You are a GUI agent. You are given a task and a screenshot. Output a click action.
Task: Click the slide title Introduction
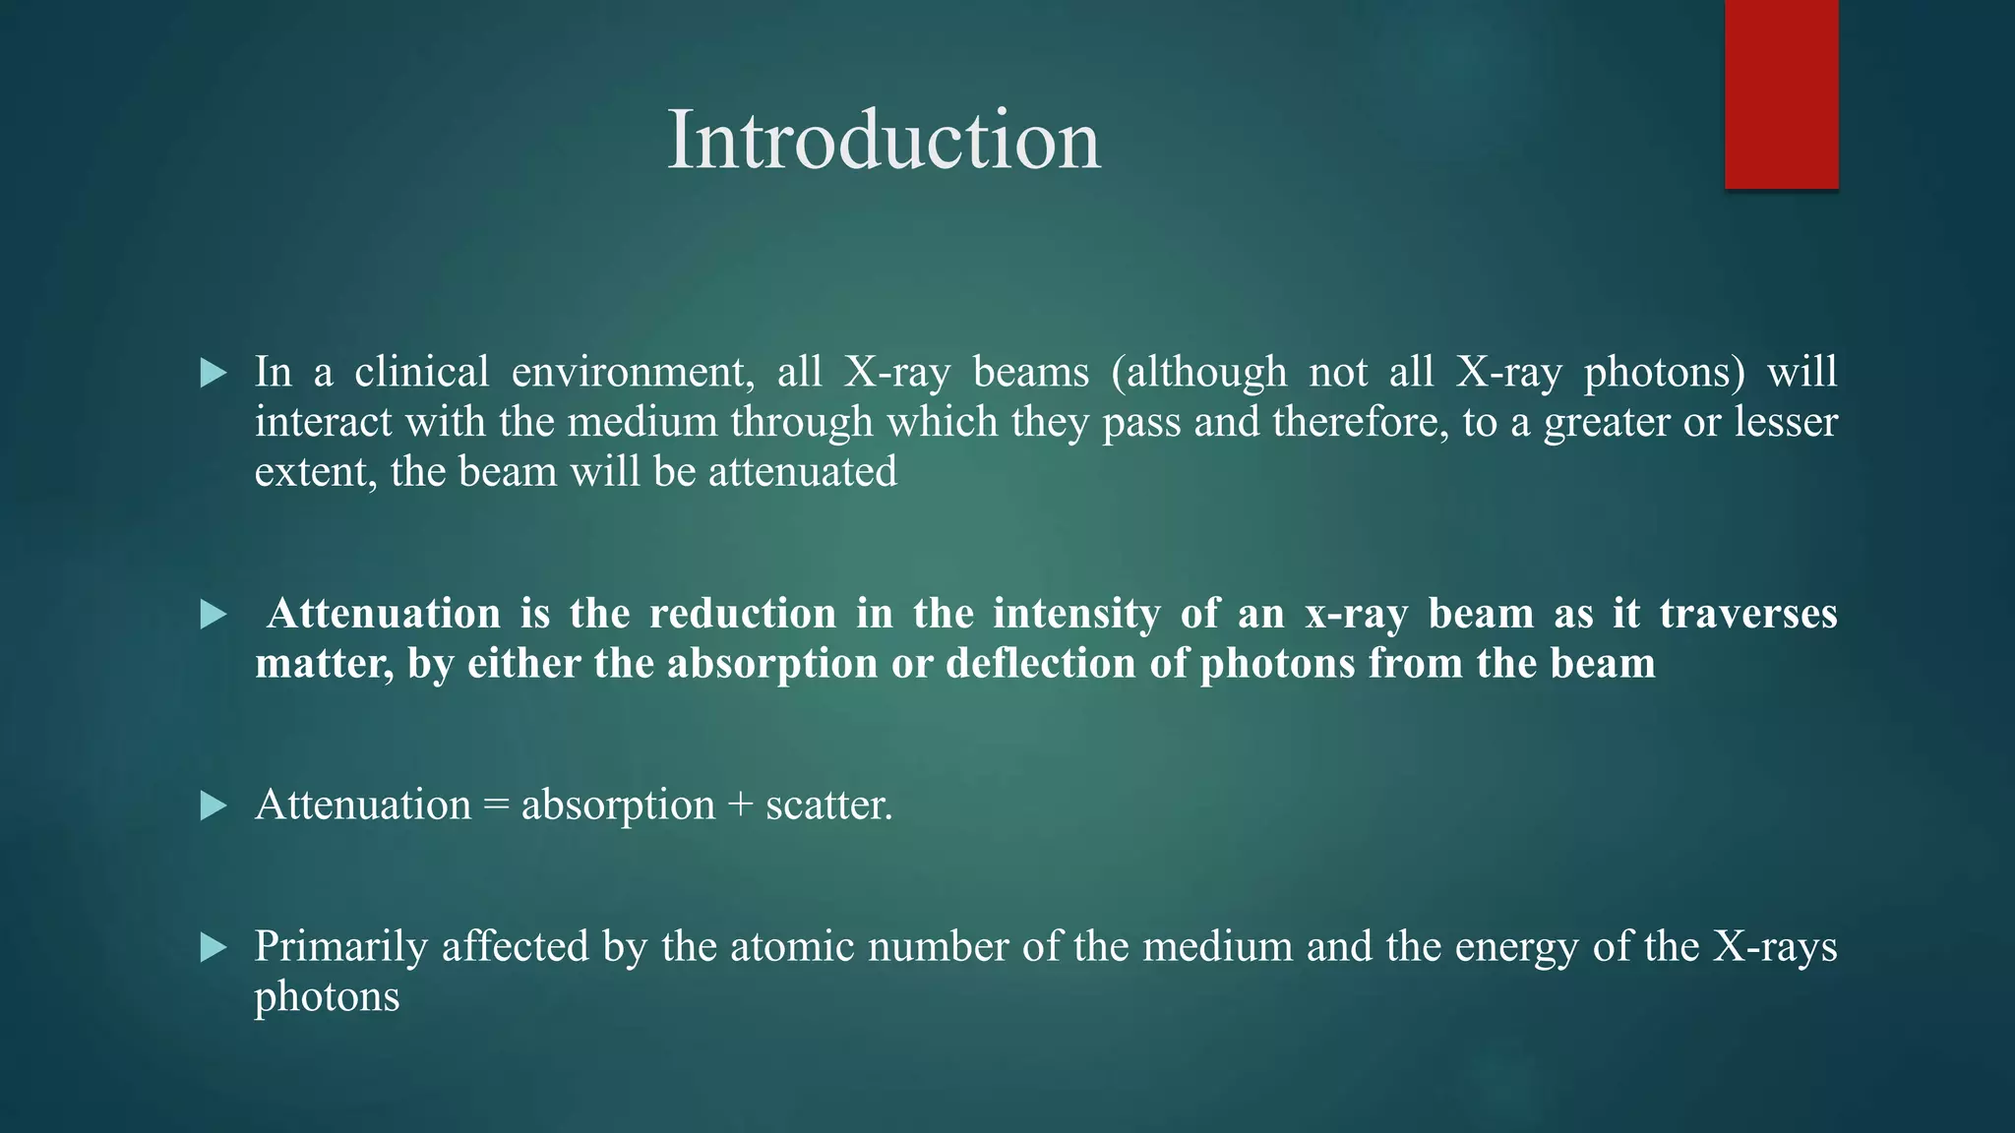point(884,141)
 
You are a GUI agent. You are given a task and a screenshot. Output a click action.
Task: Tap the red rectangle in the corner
point(1781,93)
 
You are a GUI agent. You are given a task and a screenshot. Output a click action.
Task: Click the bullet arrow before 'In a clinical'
point(214,373)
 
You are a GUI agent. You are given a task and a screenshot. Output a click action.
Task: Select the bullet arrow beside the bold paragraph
point(214,615)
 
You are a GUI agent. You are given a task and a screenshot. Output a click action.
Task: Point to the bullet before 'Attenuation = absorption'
point(214,806)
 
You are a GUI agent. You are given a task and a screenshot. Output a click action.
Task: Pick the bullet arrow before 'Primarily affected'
point(214,948)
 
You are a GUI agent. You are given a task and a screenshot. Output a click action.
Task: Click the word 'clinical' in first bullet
point(421,372)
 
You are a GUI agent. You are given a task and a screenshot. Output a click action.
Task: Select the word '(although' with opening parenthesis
point(1198,372)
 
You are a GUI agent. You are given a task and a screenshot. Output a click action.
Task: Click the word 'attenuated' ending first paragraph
point(803,472)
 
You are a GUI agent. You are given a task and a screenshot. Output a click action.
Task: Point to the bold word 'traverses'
point(1747,614)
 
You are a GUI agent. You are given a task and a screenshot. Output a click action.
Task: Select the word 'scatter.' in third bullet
point(828,805)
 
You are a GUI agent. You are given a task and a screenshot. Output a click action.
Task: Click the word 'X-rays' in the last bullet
point(1775,946)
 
